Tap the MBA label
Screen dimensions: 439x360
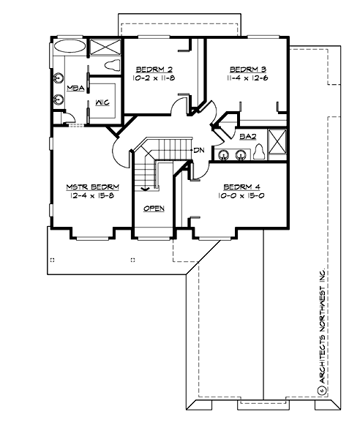pyautogui.click(x=75, y=88)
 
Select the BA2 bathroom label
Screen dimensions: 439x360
pyautogui.click(x=247, y=135)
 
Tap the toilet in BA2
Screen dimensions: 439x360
pyautogui.click(x=259, y=152)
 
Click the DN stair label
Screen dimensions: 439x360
pyautogui.click(x=198, y=150)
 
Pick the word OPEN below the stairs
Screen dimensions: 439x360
pyautogui.click(x=154, y=209)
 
